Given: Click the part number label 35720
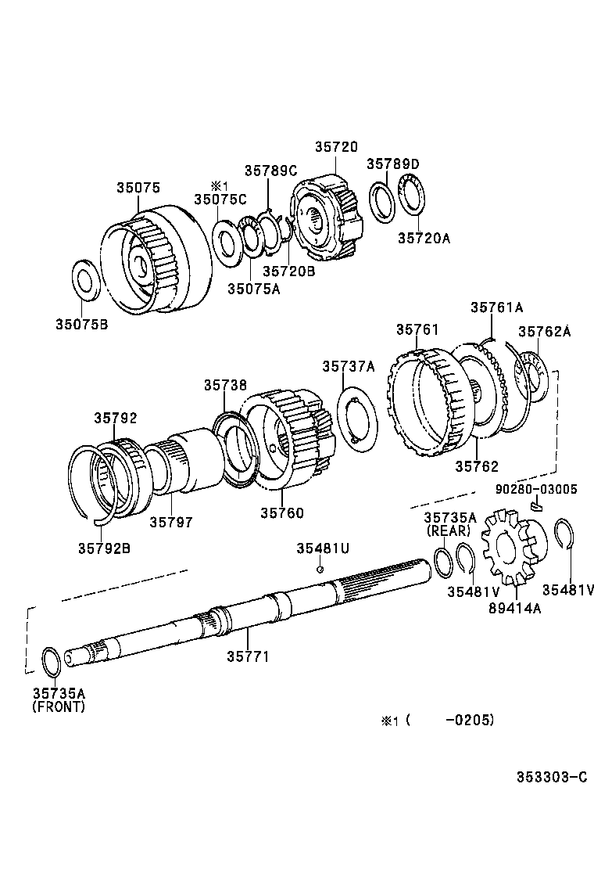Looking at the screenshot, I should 336,146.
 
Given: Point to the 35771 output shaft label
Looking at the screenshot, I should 248,656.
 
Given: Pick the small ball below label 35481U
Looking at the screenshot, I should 319,569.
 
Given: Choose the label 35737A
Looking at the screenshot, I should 349,366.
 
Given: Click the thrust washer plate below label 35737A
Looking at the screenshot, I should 359,418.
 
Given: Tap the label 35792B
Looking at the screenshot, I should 104,547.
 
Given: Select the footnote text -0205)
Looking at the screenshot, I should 469,721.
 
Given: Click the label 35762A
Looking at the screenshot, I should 544,331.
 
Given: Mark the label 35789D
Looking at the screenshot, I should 394,164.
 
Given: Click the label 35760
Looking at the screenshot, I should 282,513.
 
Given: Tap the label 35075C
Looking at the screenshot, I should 220,200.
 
